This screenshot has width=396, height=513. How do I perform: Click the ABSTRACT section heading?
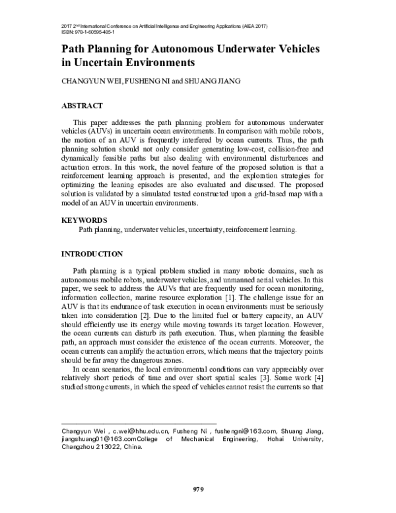(x=82, y=106)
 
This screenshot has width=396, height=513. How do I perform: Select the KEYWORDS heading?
(x=84, y=219)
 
